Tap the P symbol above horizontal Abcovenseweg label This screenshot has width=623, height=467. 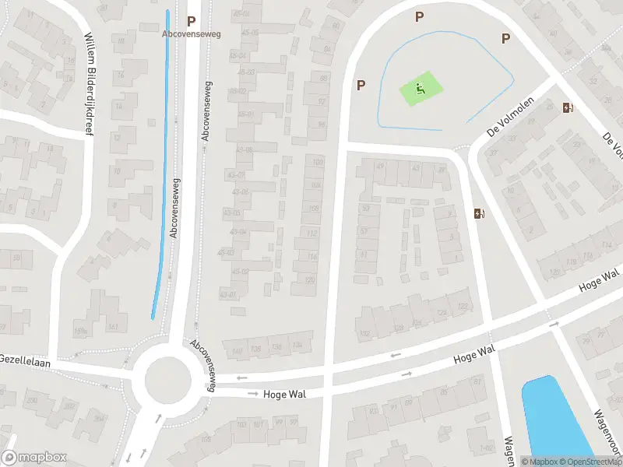click(191, 21)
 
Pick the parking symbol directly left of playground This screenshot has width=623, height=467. click(360, 85)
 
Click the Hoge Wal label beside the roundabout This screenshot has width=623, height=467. click(284, 395)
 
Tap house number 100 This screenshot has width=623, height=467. click(316, 162)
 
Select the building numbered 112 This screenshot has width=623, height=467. click(311, 233)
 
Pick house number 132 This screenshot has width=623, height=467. click(364, 334)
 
